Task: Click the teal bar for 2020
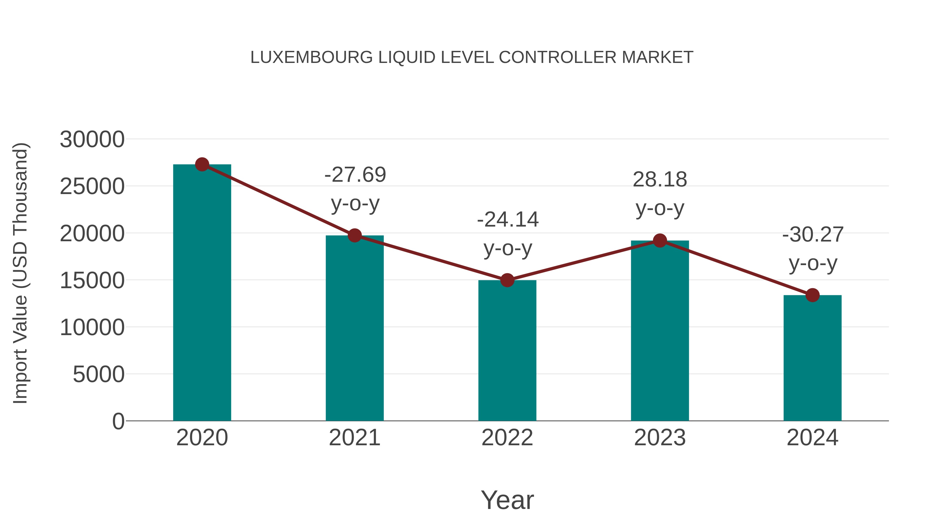click(x=202, y=293)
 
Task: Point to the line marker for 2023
click(x=660, y=241)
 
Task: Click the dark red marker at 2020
click(x=202, y=164)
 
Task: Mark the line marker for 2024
click(x=812, y=295)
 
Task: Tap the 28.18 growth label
click(x=660, y=180)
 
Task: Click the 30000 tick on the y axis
click(x=92, y=140)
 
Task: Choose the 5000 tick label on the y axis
click(x=99, y=374)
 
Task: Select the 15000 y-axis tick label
click(x=92, y=281)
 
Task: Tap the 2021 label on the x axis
click(x=355, y=438)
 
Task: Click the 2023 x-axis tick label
click(x=660, y=438)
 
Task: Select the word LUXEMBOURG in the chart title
click(x=312, y=57)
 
